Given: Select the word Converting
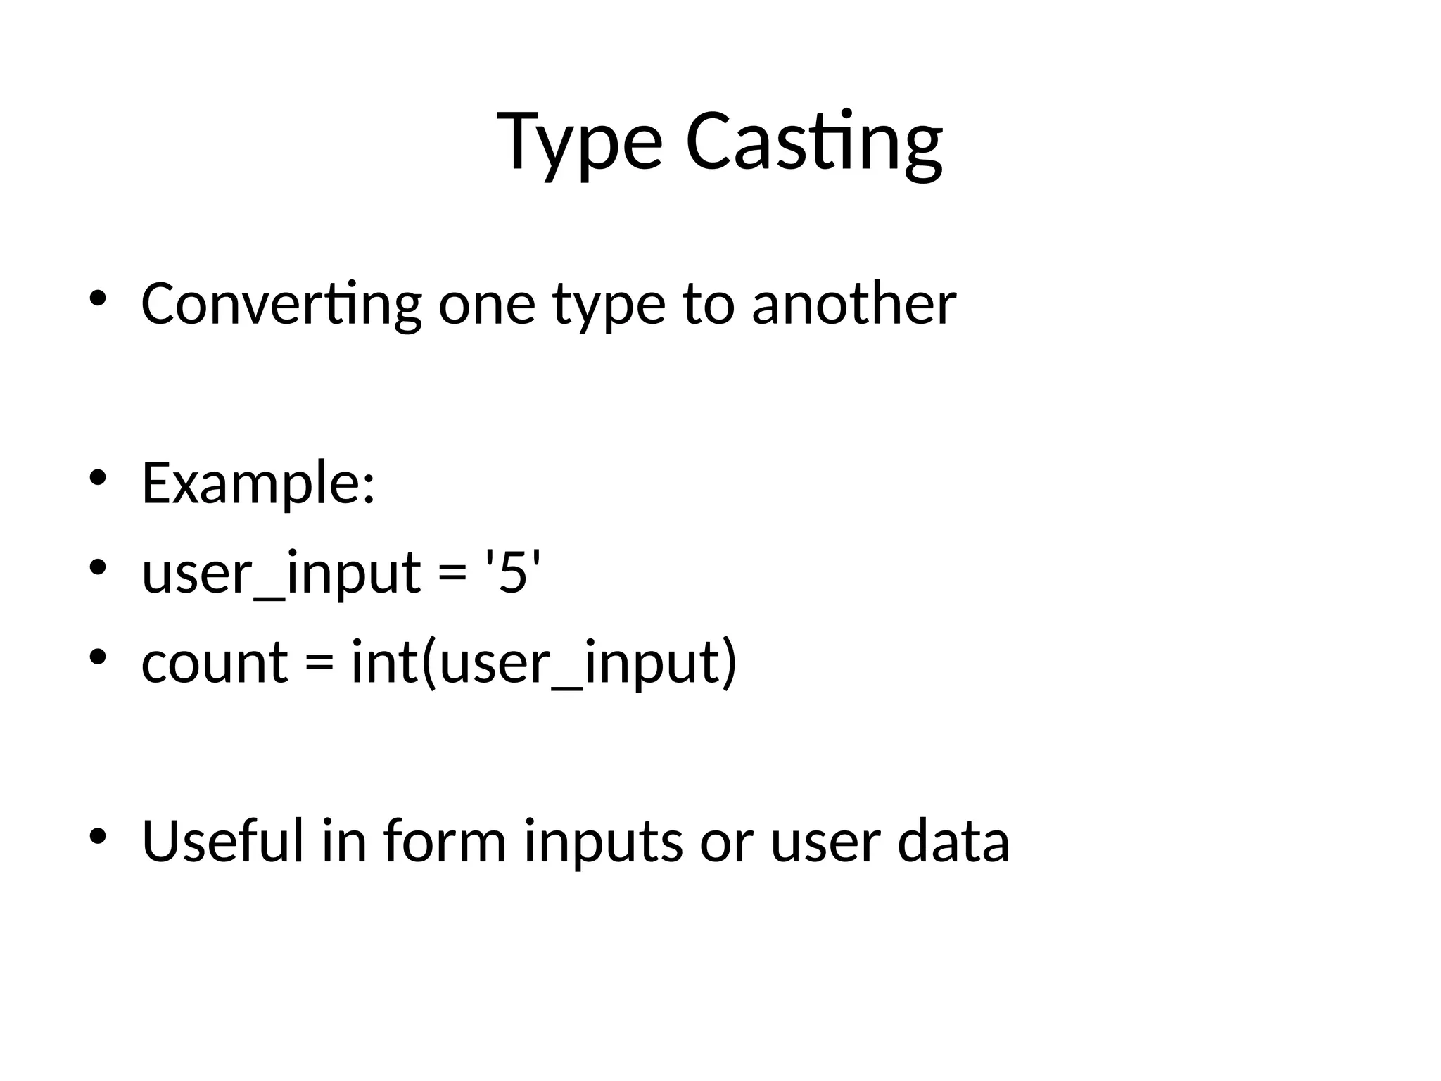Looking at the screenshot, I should click(281, 304).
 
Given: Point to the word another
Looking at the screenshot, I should click(853, 304).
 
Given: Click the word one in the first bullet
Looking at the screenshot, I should click(487, 305).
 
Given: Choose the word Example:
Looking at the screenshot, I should click(258, 483).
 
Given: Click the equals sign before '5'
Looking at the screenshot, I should click(452, 574).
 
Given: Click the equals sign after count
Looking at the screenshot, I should click(319, 664).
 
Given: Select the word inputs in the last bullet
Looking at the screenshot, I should click(603, 843).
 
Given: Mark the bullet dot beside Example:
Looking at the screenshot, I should click(97, 479).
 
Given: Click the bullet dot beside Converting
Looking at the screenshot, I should click(97, 300).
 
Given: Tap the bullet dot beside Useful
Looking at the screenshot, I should click(97, 836).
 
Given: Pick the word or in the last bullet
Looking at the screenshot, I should click(726, 843).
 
